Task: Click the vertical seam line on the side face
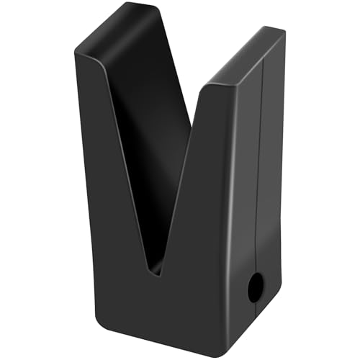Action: pos(263,180)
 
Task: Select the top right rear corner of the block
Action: pos(284,32)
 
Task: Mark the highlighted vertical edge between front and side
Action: pos(232,216)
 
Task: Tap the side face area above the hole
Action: pos(248,180)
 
